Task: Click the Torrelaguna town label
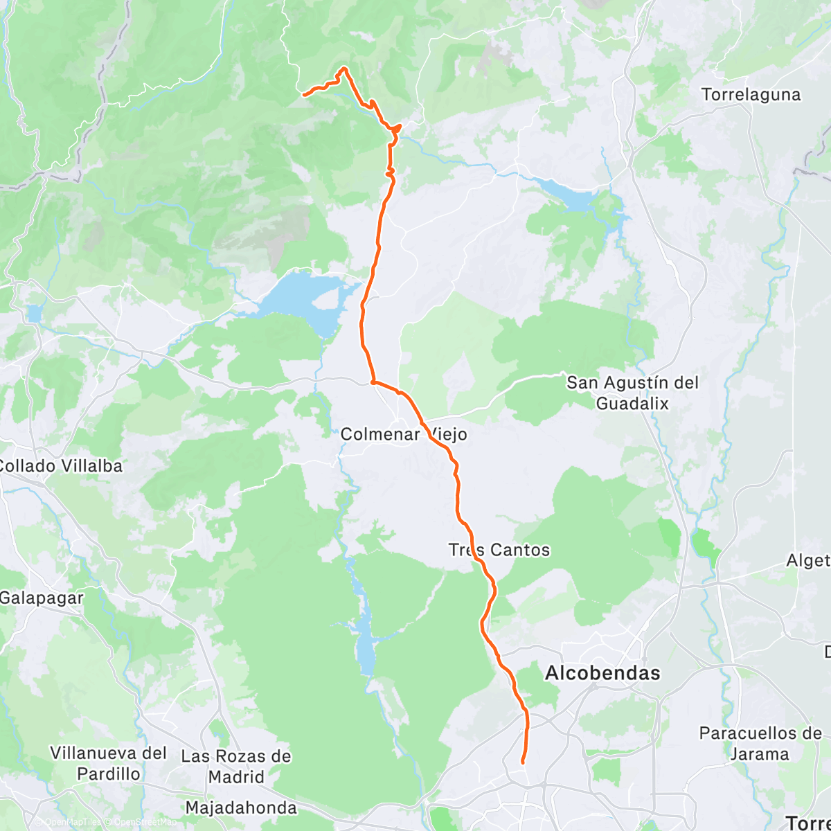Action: (x=751, y=95)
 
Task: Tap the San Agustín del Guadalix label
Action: (x=632, y=393)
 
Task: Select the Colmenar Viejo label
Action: (x=404, y=435)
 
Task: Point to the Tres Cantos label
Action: (x=499, y=550)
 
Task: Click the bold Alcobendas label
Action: (x=602, y=673)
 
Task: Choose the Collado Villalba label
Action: (x=60, y=466)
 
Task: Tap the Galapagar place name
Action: (x=42, y=598)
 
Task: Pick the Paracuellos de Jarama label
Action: (x=760, y=743)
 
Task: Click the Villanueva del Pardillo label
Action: (x=109, y=763)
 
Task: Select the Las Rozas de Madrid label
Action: (x=236, y=766)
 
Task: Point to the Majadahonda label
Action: (x=241, y=807)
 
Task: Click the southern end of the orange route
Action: (x=523, y=762)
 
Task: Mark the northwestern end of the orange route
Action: (x=305, y=94)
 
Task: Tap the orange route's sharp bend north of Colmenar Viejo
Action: (x=373, y=381)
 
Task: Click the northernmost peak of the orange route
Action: (x=343, y=68)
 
